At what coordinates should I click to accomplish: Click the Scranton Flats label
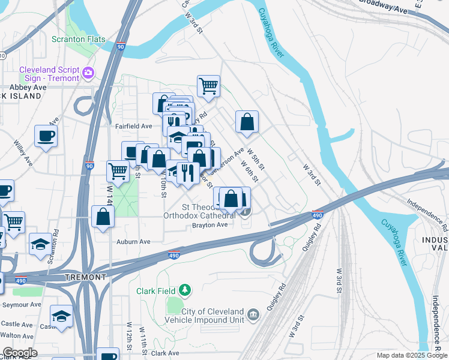pyautogui.click(x=78, y=40)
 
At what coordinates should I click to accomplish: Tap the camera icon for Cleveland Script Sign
pyautogui.click(x=88, y=73)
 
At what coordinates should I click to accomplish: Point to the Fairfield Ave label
pyautogui.click(x=134, y=126)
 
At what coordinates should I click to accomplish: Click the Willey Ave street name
pyautogui.click(x=23, y=152)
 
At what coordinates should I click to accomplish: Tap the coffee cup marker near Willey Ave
pyautogui.click(x=46, y=136)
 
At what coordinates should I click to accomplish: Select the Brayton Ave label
pyautogui.click(x=209, y=225)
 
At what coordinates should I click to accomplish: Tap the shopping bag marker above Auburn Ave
pyautogui.click(x=103, y=217)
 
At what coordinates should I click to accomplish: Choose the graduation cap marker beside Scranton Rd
pyautogui.click(x=40, y=244)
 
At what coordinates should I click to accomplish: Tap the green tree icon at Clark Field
pyautogui.click(x=185, y=291)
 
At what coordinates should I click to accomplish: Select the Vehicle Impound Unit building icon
pyautogui.click(x=253, y=314)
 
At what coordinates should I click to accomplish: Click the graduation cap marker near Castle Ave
pyautogui.click(x=61, y=316)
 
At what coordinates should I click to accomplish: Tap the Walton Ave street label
pyautogui.click(x=17, y=335)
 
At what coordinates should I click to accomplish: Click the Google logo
pyautogui.click(x=20, y=353)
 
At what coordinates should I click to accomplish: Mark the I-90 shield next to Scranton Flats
pyautogui.click(x=121, y=46)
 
